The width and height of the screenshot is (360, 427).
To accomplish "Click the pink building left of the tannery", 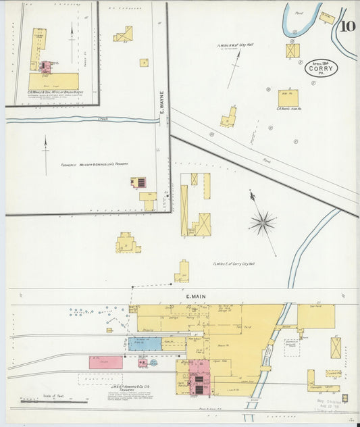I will tap(106, 362).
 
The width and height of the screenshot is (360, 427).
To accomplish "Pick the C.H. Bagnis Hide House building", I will tap(288, 99).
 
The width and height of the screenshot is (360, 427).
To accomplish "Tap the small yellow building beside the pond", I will tap(327, 18).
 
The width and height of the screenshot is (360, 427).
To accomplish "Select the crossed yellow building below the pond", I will tap(292, 51).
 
